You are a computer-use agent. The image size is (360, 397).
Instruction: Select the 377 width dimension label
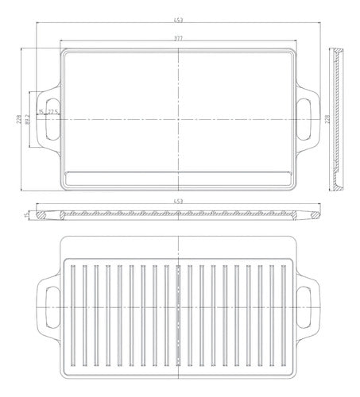180,39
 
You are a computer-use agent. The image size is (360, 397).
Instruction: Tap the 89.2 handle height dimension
27,118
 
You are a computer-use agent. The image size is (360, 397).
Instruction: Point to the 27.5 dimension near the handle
52,112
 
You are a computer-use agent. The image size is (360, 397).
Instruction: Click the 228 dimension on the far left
18,118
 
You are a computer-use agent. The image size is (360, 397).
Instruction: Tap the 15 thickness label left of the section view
26,214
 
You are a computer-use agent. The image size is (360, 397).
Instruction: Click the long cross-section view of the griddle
180,215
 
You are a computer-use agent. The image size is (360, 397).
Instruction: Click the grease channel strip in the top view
180,173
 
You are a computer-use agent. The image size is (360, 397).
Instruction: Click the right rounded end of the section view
315,214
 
